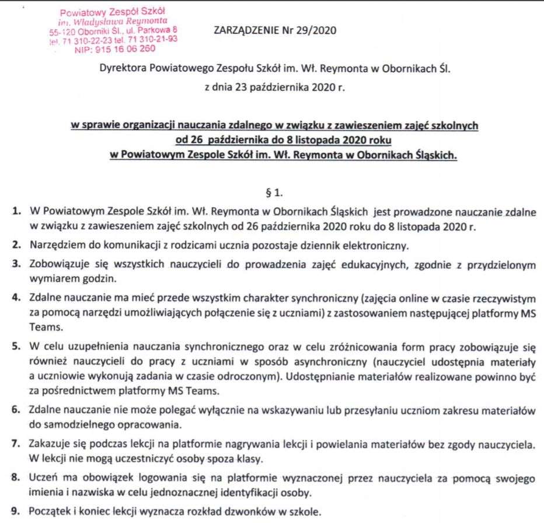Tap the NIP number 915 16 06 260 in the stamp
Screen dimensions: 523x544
101,51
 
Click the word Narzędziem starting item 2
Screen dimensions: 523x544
55,243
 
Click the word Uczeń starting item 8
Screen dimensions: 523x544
41,479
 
